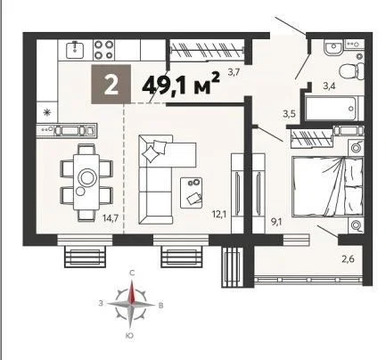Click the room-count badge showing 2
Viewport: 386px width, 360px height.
pyautogui.click(x=112, y=86)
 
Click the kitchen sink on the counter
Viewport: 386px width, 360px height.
pyautogui.click(x=74, y=49)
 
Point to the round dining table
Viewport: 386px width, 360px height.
pyautogui.click(x=87, y=178)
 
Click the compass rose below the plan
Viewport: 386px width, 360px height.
pyautogui.click(x=131, y=300)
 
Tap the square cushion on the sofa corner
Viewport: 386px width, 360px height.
pyautogui.click(x=153, y=153)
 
